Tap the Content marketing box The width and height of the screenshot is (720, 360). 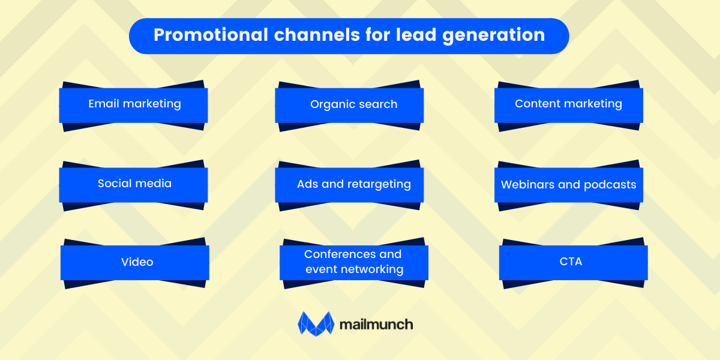coord(568,105)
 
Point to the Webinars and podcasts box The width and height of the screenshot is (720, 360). coord(568,184)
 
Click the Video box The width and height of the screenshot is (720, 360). coord(135,262)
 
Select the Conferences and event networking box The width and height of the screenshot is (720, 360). coord(354,262)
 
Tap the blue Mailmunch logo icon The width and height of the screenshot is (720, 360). coord(316,323)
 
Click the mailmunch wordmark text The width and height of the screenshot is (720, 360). coord(376,325)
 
